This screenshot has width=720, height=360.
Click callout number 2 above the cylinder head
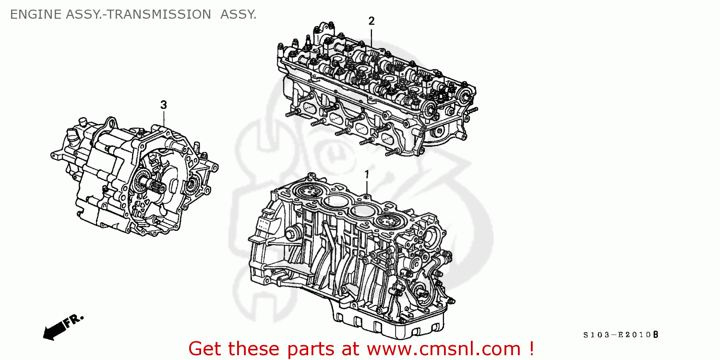[x=371, y=21]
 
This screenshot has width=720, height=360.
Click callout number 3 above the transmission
[x=163, y=105]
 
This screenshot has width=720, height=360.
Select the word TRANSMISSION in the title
[x=158, y=15]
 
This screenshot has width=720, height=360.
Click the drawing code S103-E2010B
[x=621, y=335]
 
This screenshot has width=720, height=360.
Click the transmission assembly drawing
[x=134, y=178]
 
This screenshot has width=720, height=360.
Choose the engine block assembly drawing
[x=350, y=250]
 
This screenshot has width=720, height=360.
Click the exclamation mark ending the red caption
[x=530, y=348]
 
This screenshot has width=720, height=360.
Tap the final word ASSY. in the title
[x=238, y=15]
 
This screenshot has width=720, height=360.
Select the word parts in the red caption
[x=300, y=349]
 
